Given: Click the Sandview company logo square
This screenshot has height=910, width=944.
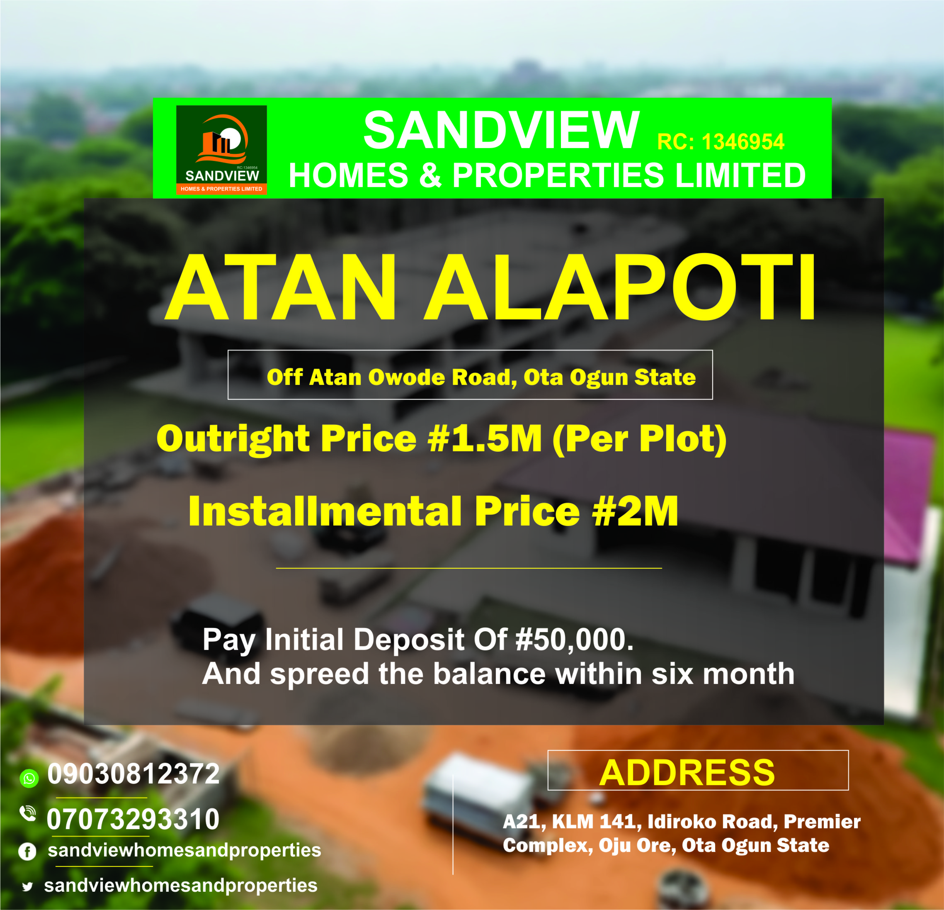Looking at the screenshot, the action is [221, 150].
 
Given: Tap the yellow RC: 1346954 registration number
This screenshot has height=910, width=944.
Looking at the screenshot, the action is [721, 141].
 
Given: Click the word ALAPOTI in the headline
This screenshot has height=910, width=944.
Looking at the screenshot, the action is [620, 287].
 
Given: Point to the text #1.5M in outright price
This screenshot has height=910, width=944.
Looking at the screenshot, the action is [485, 438].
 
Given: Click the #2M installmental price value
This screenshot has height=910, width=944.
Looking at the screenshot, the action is [635, 511].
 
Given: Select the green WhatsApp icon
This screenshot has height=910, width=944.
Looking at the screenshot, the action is [29, 778].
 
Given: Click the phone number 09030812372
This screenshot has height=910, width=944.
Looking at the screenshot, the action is [133, 774].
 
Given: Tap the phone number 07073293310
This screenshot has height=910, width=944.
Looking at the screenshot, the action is [133, 820].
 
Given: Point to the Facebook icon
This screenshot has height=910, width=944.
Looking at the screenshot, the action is [27, 852].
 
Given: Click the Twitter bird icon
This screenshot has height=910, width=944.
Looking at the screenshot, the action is [27, 886].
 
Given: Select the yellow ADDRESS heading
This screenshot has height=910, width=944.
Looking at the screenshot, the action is [687, 773].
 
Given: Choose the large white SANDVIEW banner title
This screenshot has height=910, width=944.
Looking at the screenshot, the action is [501, 130].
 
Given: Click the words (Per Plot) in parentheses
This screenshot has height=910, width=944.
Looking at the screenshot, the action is [640, 439].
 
